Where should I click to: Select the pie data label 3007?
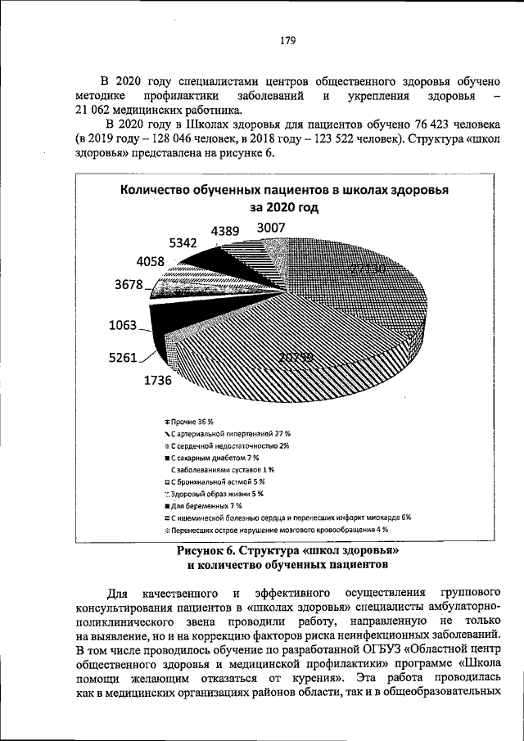pyautogui.click(x=271, y=227)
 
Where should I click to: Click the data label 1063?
pyautogui.click(x=124, y=325)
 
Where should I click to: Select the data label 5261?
pyautogui.click(x=124, y=357)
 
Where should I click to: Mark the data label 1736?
pyautogui.click(x=160, y=381)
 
